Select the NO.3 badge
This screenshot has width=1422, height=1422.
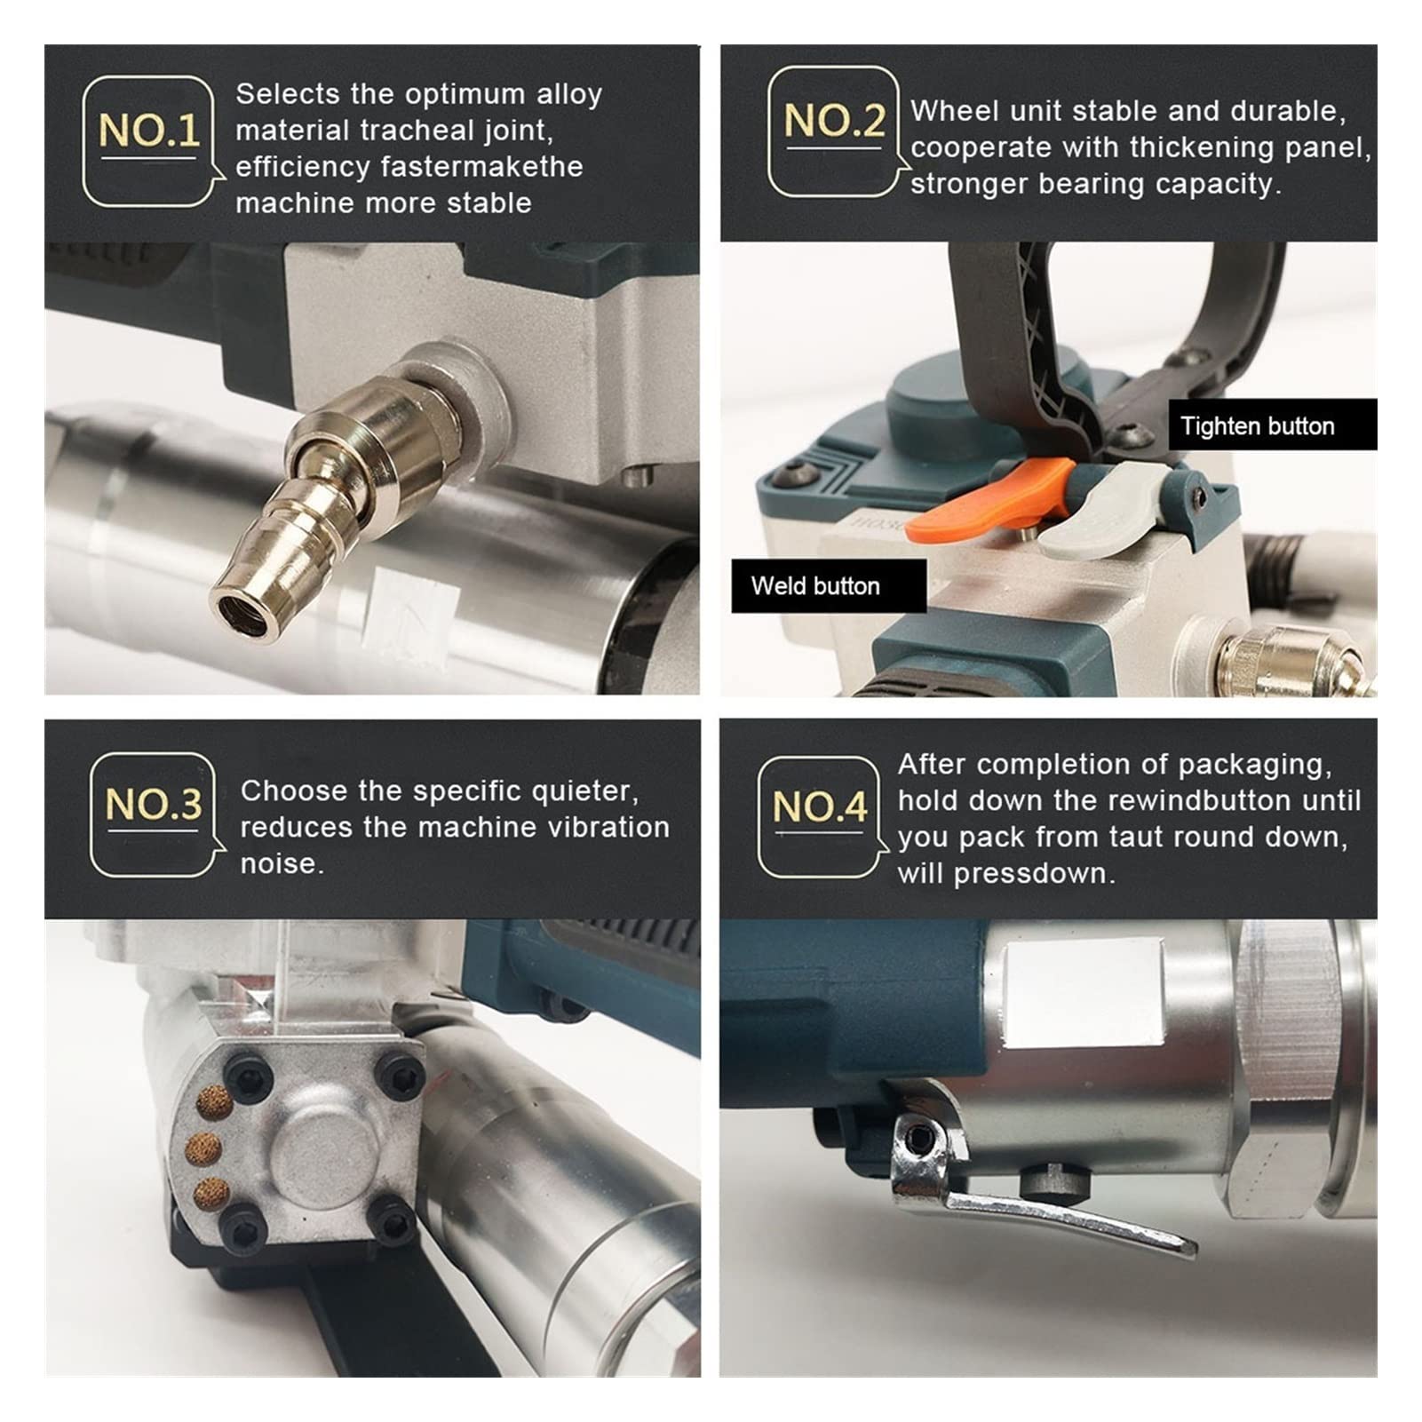coord(155,815)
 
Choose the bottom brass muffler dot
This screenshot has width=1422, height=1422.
coord(210,1194)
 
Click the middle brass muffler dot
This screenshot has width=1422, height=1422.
coord(204,1150)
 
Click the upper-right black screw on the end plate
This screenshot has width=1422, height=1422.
coord(397,1072)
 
